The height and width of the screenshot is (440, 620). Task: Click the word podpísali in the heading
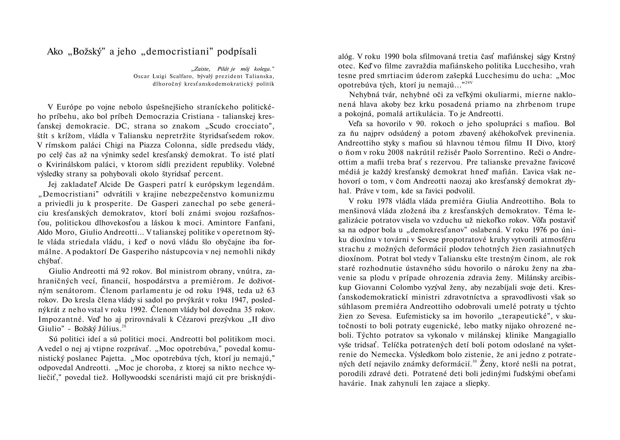coord(237,52)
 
